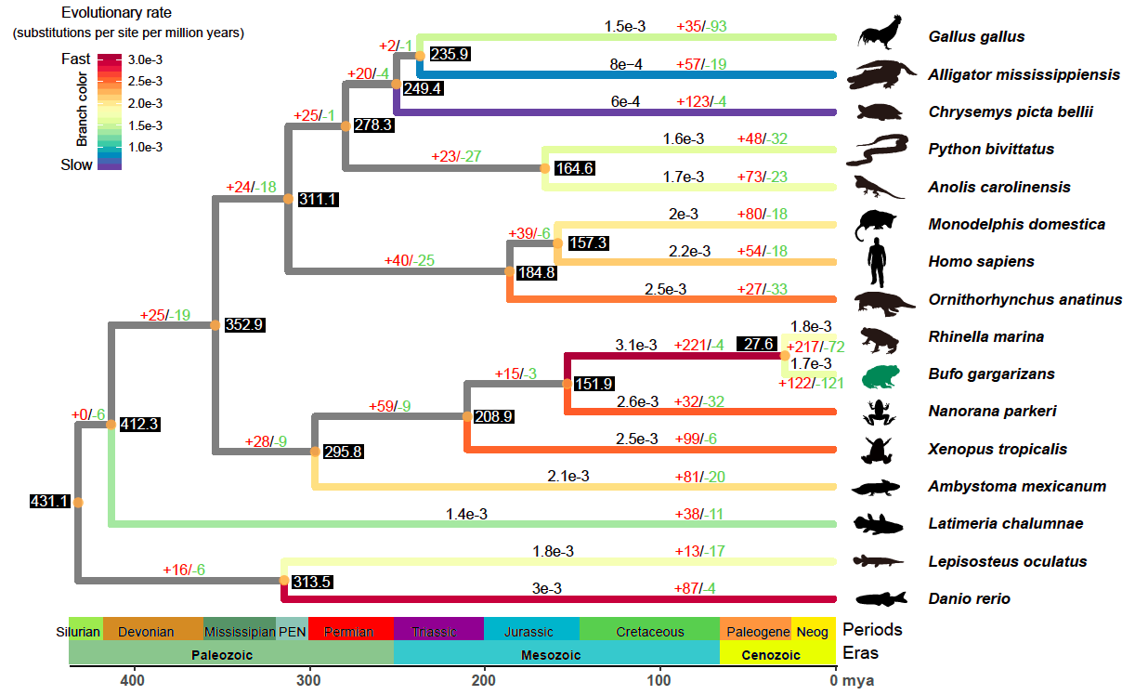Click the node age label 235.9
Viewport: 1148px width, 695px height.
point(450,54)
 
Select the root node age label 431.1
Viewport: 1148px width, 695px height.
point(49,501)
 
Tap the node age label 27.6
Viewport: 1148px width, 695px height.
point(757,344)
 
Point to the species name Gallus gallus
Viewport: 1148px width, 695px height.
point(976,36)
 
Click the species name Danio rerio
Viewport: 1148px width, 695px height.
point(969,598)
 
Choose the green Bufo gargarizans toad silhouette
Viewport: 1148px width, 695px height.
point(881,376)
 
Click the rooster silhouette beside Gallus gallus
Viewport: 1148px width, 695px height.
point(880,33)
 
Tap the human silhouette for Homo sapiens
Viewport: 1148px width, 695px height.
point(877,262)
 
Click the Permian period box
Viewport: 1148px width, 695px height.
point(350,628)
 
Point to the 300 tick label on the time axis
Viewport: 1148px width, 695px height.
point(308,680)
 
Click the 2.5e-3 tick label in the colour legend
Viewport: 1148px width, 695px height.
point(145,82)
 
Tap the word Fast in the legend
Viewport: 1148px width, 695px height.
point(75,59)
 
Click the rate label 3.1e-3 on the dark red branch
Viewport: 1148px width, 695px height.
point(636,345)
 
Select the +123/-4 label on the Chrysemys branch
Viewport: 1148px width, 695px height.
point(701,101)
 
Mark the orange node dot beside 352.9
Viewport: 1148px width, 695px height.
point(215,325)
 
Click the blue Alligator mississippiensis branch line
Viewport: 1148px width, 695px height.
point(628,75)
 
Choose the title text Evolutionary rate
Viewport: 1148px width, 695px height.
point(116,12)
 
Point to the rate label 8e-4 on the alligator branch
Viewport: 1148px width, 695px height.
point(626,64)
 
